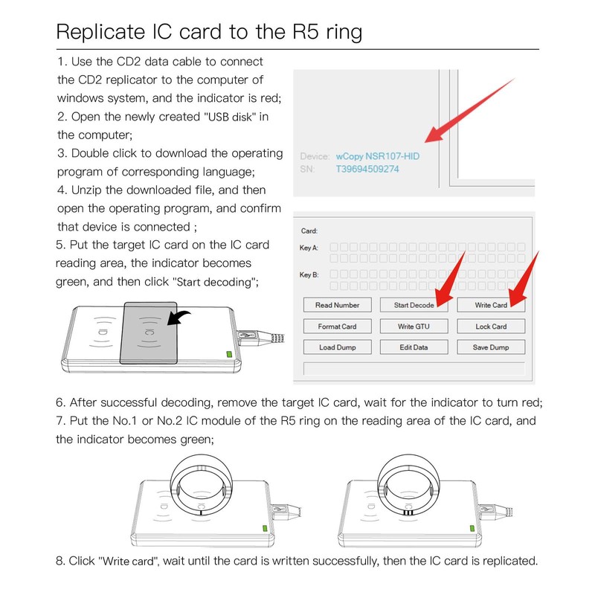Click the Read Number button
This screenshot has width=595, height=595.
point(338,305)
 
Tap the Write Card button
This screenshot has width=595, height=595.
point(491,305)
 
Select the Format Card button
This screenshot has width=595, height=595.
point(338,327)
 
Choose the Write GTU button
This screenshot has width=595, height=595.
point(414,327)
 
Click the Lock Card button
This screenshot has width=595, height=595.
point(491,327)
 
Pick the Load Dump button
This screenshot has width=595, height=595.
point(338,347)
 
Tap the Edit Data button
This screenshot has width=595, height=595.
point(414,347)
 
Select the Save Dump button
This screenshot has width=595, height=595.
point(491,347)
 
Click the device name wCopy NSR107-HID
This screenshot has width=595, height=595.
point(378,156)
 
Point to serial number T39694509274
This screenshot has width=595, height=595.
point(367,170)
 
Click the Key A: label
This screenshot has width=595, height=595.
point(309,248)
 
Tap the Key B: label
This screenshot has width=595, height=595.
point(309,274)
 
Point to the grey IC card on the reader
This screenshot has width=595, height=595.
point(149,332)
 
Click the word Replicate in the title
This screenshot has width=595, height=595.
point(100,32)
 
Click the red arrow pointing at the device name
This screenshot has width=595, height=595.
point(470,110)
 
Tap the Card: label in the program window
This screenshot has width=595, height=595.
point(309,231)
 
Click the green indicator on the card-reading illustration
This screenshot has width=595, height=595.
point(229,355)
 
